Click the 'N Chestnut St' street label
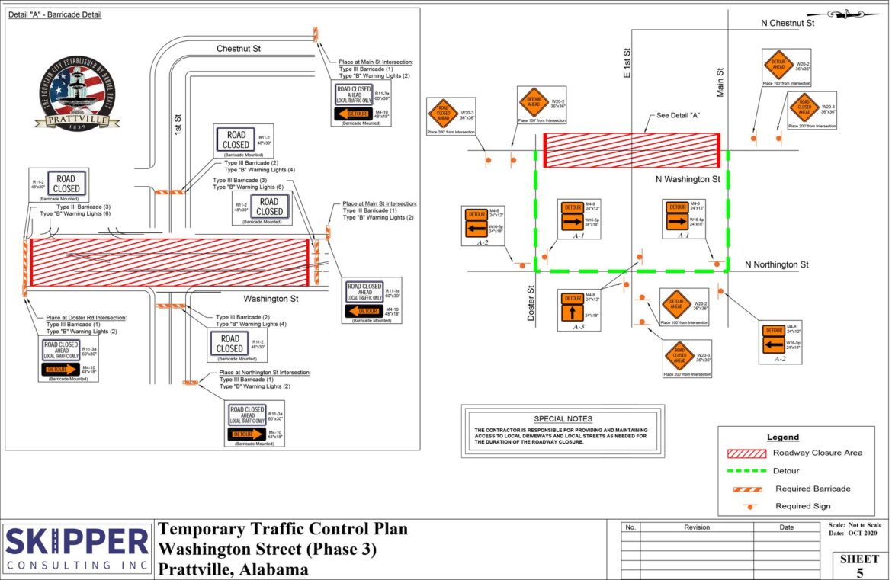coord(788,23)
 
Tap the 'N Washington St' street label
coord(688,180)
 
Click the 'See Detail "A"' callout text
coord(679,115)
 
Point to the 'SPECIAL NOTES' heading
coord(563,418)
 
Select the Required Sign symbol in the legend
coord(750,505)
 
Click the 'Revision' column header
coord(696,527)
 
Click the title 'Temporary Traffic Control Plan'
coord(282,529)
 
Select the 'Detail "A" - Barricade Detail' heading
coord(55,14)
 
